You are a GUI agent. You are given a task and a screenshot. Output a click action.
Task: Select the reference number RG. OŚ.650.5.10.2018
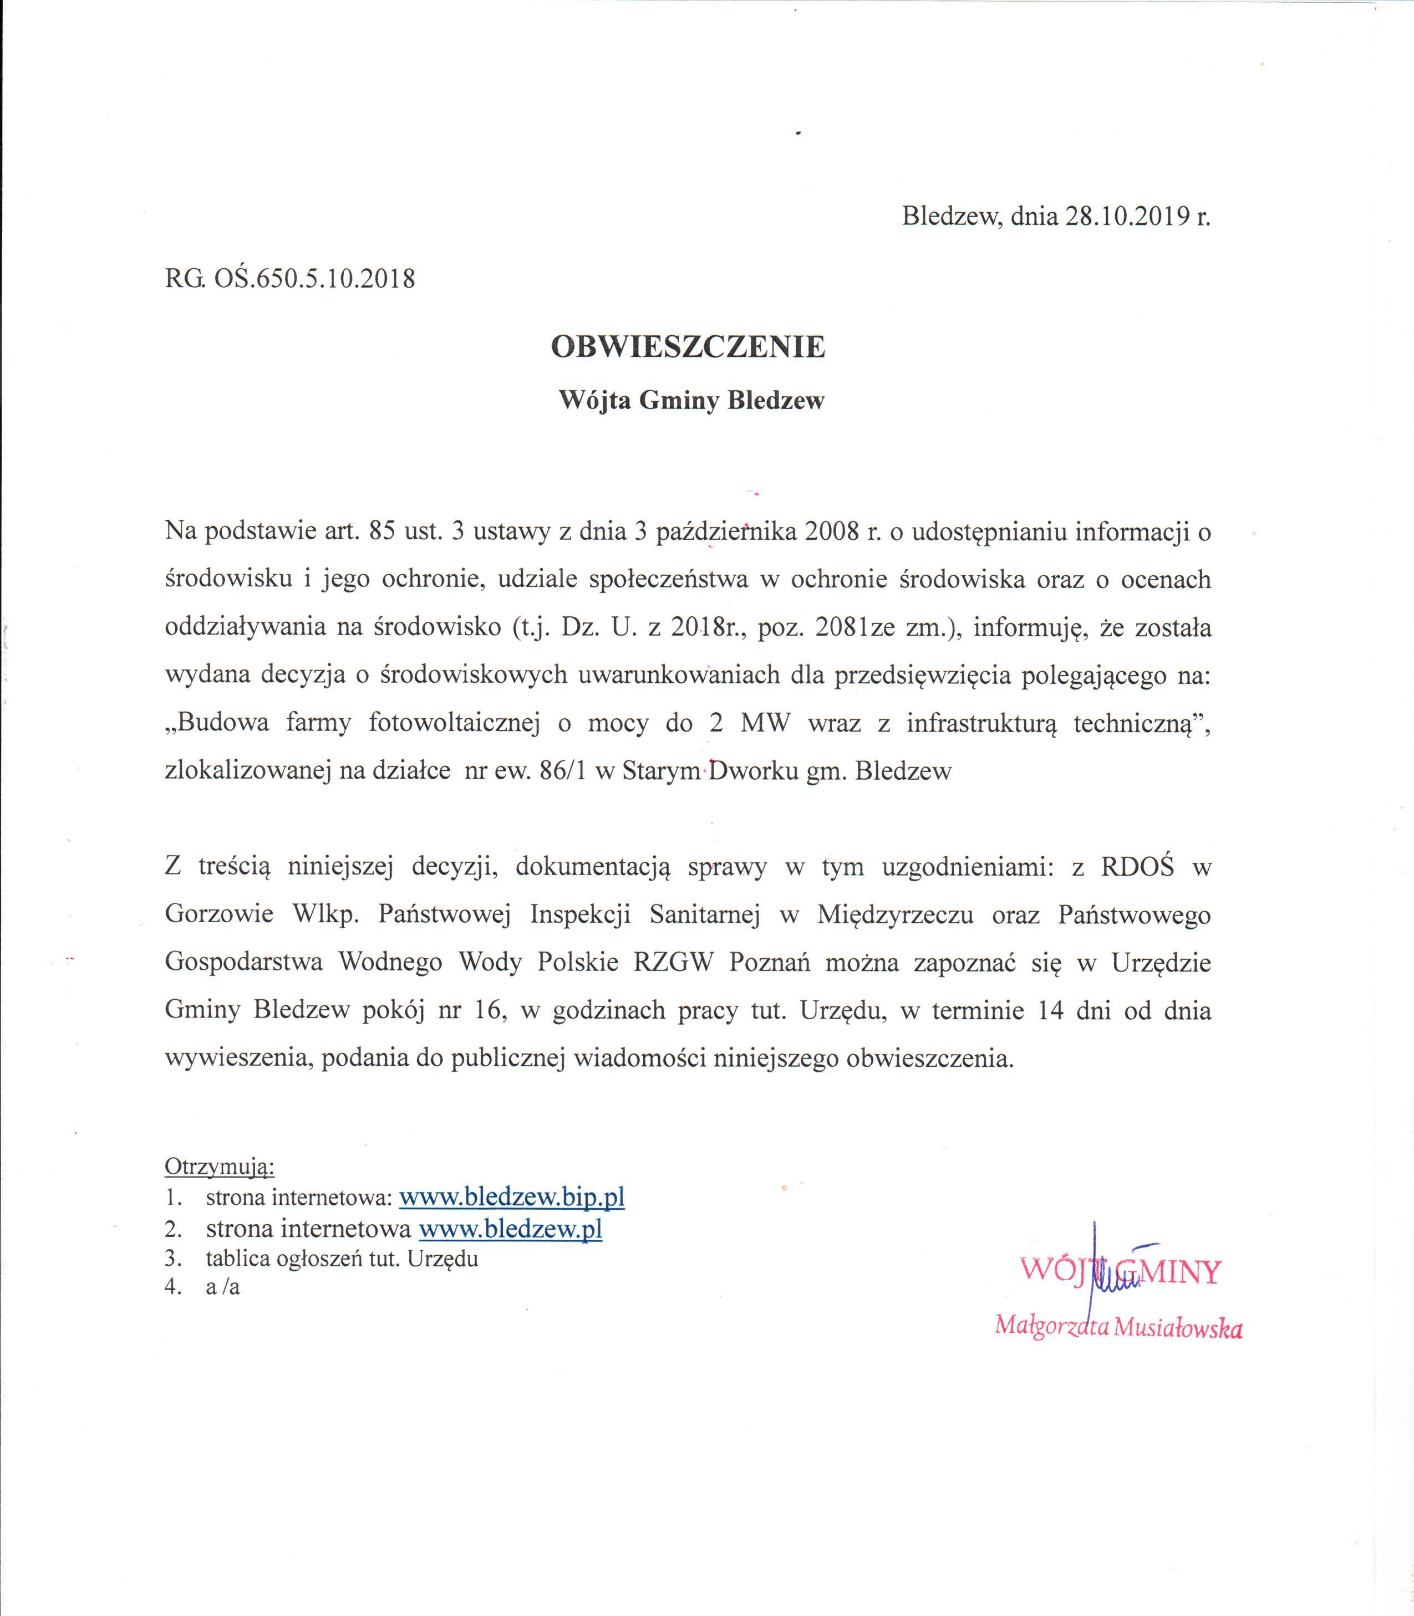(289, 278)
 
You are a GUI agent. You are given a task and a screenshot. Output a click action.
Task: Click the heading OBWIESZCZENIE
(688, 347)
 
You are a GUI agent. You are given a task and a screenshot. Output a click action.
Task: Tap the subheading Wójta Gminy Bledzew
(691, 401)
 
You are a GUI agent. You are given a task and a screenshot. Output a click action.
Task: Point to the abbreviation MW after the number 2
(765, 723)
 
